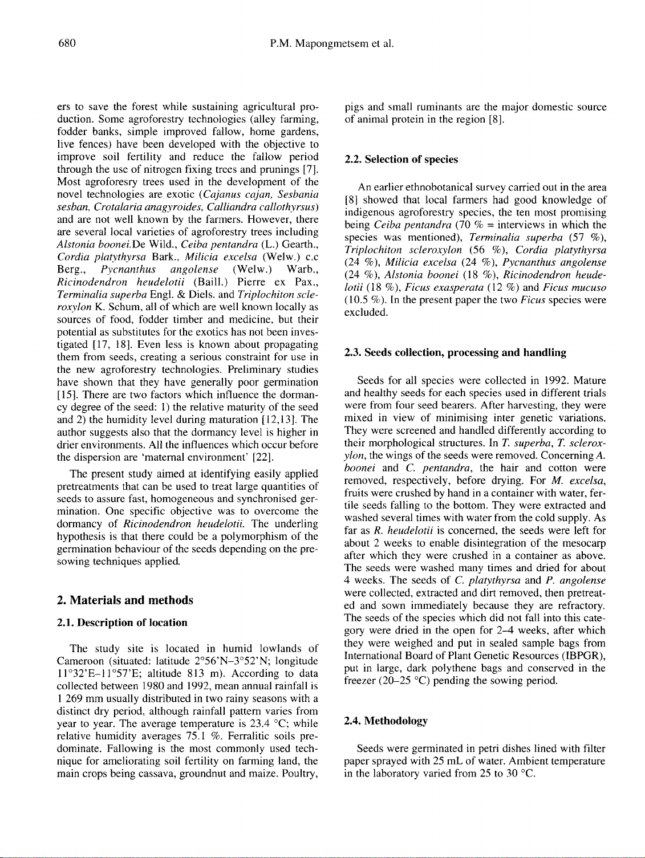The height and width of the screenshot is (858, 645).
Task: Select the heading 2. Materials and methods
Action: click(125, 600)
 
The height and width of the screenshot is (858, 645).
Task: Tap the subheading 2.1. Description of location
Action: click(122, 622)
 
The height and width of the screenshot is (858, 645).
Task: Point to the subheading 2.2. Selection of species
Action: click(401, 160)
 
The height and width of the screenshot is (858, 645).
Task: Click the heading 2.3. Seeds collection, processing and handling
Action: click(455, 353)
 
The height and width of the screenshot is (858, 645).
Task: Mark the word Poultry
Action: click(299, 773)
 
